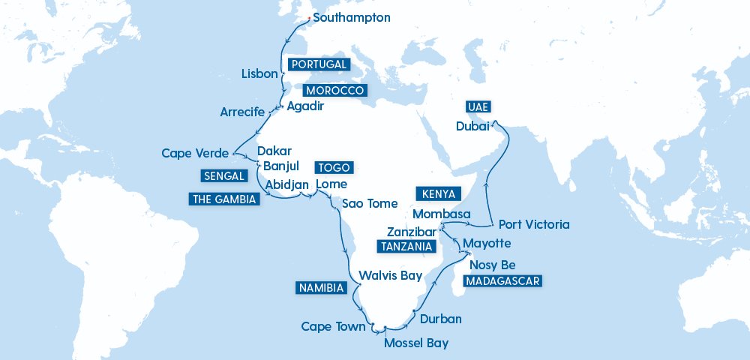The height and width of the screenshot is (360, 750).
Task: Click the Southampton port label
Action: tap(352, 17)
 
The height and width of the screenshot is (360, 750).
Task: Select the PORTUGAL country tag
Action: tap(319, 64)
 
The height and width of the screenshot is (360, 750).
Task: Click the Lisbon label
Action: tap(260, 74)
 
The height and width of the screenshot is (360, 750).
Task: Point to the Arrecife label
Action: tap(242, 112)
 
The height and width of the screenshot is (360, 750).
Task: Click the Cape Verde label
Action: tap(195, 154)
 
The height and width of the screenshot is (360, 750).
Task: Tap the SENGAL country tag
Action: tap(223, 176)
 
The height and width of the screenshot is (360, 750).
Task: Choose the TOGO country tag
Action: tap(332, 167)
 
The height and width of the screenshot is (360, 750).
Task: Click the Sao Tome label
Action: tap(370, 203)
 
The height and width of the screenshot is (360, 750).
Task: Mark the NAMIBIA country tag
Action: tap(319, 287)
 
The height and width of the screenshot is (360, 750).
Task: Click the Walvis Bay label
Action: tap(391, 275)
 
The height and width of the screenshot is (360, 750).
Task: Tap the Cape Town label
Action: tap(333, 326)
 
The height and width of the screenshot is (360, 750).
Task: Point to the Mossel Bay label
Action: tap(416, 343)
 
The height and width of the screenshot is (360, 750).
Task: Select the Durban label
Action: tap(441, 319)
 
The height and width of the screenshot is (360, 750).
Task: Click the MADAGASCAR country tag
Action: tap(502, 281)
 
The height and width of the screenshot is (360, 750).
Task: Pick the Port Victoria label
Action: tap(534, 224)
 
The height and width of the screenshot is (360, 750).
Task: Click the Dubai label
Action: tap(473, 127)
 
